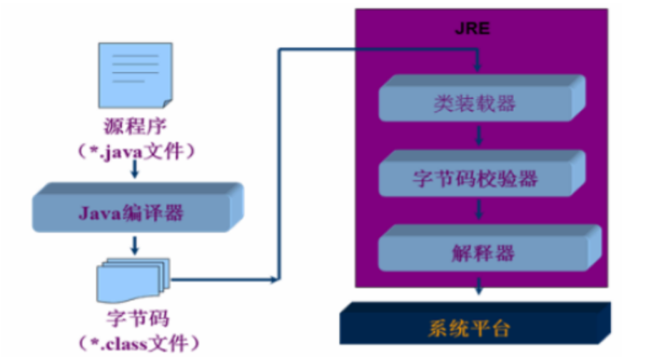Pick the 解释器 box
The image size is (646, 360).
pyautogui.click(x=474, y=251)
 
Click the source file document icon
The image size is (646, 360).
pyautogui.click(x=135, y=74)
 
